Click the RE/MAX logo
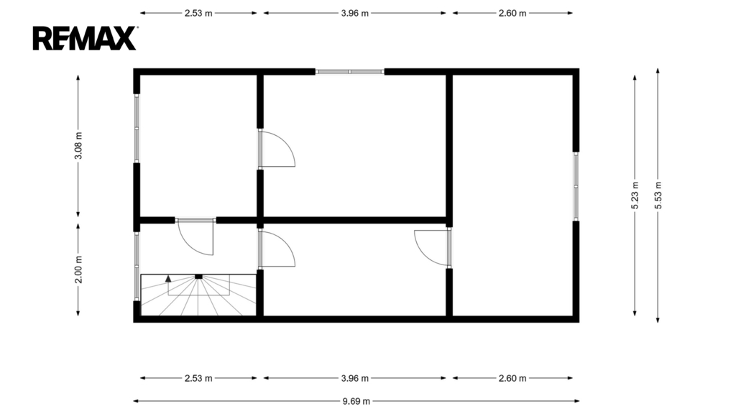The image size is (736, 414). (85, 39)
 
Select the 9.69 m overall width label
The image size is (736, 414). (356, 401)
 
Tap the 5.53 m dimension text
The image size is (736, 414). (658, 195)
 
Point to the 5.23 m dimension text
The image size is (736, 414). (635, 195)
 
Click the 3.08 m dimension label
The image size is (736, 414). (78, 145)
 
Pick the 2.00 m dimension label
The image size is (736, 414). (78, 270)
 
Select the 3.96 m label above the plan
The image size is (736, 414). (355, 13)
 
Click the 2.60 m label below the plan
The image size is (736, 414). (512, 378)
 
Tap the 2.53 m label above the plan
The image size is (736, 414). (198, 13)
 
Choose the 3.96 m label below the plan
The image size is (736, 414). (355, 378)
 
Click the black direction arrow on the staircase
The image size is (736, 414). (168, 278)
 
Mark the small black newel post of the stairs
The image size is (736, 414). (198, 277)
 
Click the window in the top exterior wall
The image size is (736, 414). (350, 72)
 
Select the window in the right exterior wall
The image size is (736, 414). (576, 186)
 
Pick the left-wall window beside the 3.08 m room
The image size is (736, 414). (137, 128)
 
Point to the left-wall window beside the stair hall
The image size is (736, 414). (137, 266)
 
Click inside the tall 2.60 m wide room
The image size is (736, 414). (512, 195)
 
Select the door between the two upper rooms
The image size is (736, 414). (276, 149)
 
